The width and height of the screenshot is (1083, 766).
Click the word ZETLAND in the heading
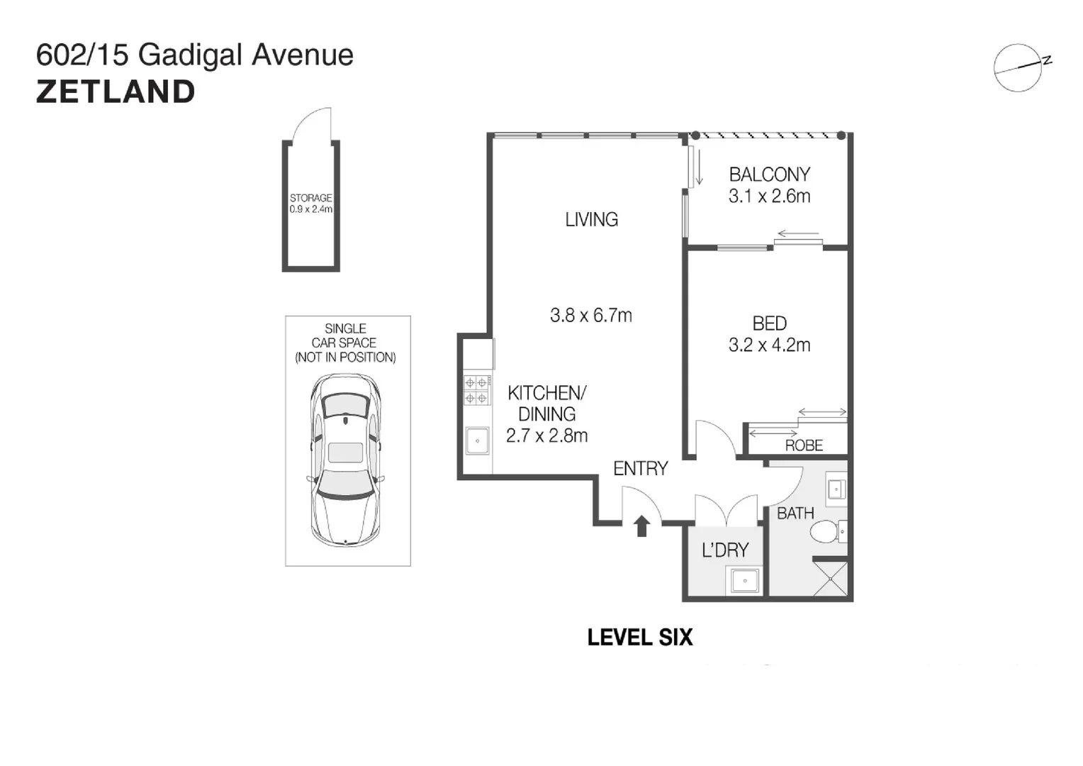pos(116,92)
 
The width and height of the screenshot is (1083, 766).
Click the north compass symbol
pos(1019,68)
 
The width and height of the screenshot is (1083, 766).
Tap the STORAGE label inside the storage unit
pos(310,199)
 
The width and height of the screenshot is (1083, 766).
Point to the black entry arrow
pos(641,526)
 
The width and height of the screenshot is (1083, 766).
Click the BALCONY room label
pos(769,174)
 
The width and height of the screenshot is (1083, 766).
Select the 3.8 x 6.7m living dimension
pos(590,315)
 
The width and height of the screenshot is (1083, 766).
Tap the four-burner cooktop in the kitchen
pos(476,390)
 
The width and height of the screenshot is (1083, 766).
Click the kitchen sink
pos(477,440)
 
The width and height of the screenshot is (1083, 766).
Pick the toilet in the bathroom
pos(827,531)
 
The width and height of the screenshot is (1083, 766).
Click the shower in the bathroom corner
pos(831,578)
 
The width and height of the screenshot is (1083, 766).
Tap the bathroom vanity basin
pos(836,489)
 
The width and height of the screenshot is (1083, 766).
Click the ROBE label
pos(804,445)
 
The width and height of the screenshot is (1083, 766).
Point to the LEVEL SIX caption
pos(639,638)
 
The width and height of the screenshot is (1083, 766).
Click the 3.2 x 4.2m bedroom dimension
pos(769,345)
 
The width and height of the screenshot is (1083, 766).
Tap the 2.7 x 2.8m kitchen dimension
pos(546,435)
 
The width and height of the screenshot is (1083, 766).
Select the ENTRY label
pos(640,468)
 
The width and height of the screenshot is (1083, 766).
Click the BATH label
pos(795,513)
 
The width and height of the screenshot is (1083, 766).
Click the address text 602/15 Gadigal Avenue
pos(195,55)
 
